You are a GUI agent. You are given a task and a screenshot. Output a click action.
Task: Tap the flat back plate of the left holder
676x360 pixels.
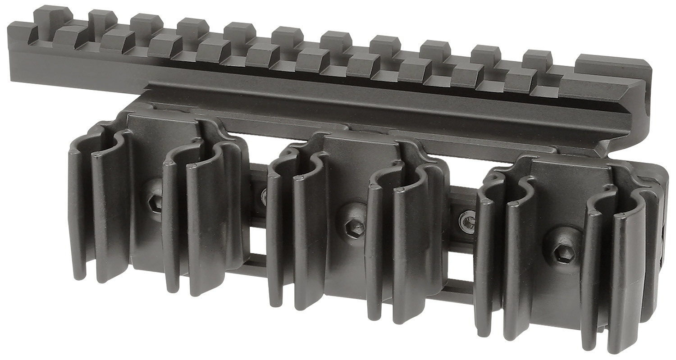click(149, 135)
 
